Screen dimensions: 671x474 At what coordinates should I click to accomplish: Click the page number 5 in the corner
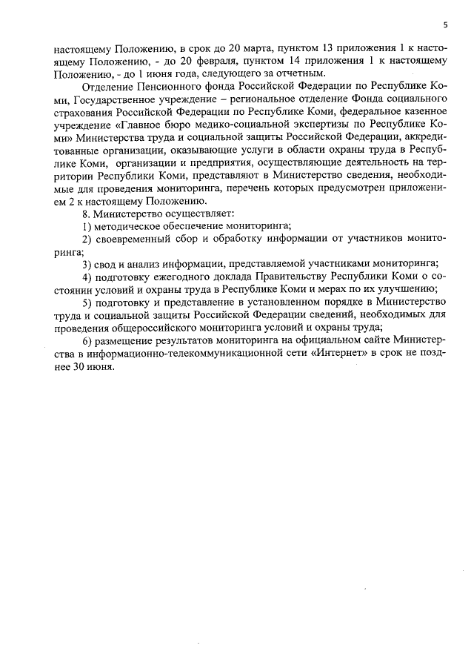(445, 24)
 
